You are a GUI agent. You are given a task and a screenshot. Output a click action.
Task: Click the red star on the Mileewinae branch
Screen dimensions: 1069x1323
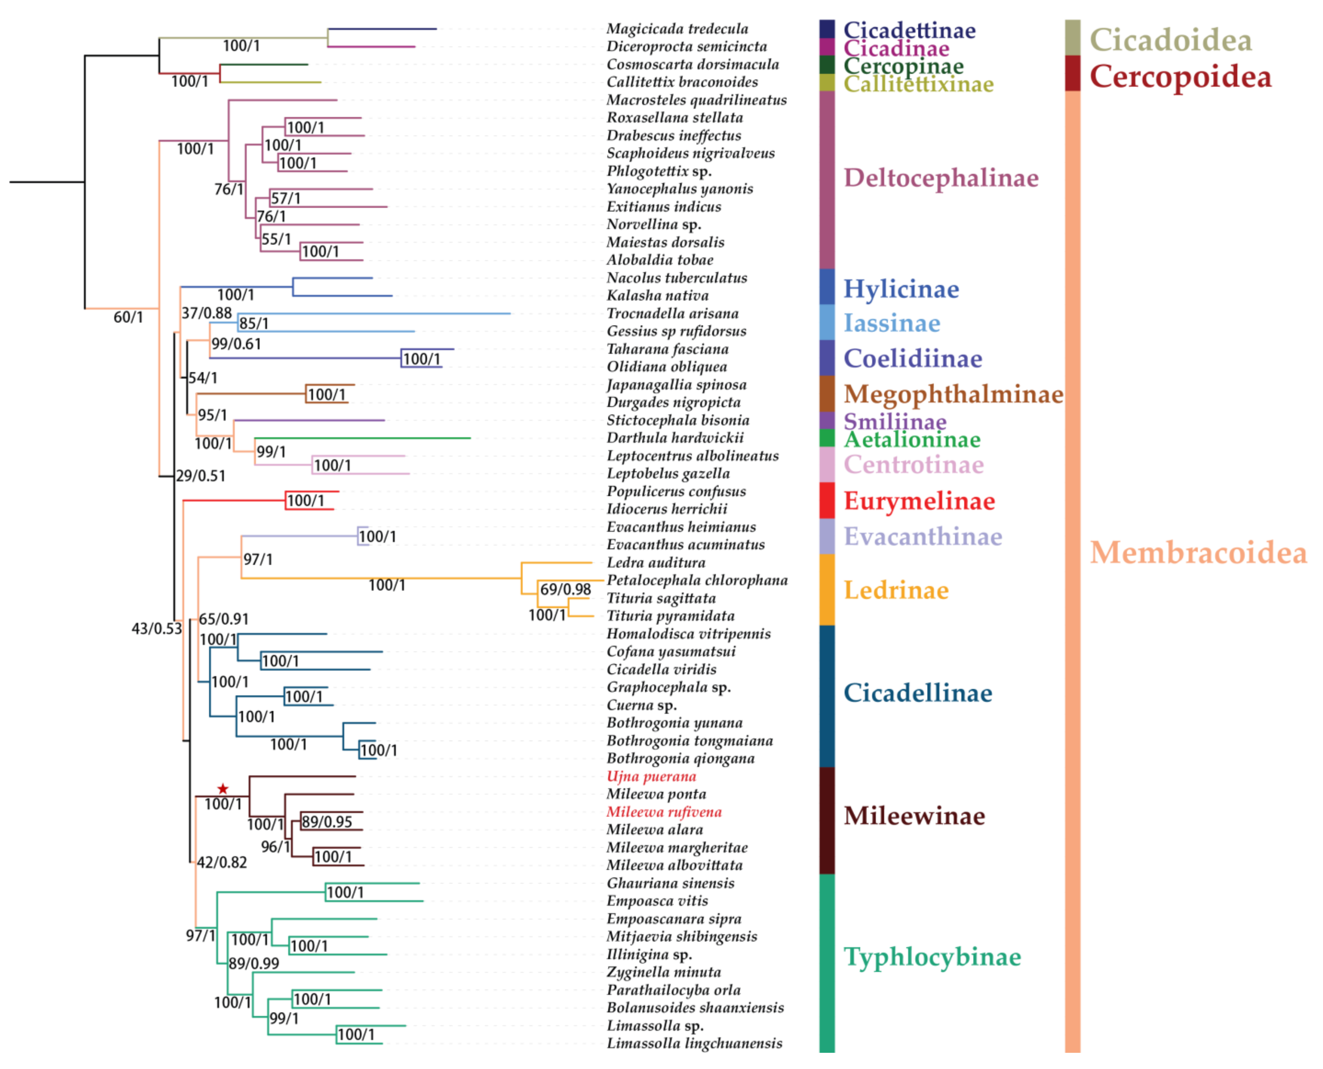[x=223, y=789]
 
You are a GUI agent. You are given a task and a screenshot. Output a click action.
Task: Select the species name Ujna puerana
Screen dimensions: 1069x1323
[x=651, y=776]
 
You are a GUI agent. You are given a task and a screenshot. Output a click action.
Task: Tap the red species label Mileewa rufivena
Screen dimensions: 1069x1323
[x=664, y=812]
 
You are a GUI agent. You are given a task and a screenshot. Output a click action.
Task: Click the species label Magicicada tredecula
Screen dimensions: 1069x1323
[x=677, y=29]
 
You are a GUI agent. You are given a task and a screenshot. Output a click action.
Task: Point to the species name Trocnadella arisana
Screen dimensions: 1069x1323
[x=672, y=313]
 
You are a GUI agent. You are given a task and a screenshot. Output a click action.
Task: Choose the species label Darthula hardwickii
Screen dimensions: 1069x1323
[x=675, y=438]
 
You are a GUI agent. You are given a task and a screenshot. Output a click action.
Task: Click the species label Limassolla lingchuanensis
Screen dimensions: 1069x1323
[x=695, y=1043]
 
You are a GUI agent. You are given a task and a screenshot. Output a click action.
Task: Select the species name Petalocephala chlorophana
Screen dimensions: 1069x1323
[x=697, y=580]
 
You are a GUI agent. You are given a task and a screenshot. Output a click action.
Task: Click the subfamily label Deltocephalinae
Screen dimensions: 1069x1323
[x=941, y=178]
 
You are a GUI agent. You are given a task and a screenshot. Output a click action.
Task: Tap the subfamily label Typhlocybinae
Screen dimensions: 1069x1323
[x=932, y=957]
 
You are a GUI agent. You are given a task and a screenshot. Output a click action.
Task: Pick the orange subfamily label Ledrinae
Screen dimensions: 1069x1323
[x=896, y=590]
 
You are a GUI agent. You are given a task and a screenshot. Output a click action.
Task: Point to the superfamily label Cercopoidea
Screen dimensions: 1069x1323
[x=1180, y=77]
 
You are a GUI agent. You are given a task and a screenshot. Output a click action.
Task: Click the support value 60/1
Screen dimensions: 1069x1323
[x=128, y=317]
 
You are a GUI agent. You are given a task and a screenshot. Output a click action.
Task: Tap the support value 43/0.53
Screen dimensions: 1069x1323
[x=157, y=629]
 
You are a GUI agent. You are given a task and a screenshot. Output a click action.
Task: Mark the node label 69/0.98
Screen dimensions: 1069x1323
[x=565, y=589]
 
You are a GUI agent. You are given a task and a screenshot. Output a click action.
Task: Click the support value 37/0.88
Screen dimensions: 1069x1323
[x=206, y=313]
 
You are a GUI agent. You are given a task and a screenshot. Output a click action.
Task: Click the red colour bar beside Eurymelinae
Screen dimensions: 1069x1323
[x=827, y=501]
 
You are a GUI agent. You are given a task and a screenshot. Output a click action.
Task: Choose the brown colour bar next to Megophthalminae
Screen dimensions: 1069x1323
[x=827, y=393]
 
